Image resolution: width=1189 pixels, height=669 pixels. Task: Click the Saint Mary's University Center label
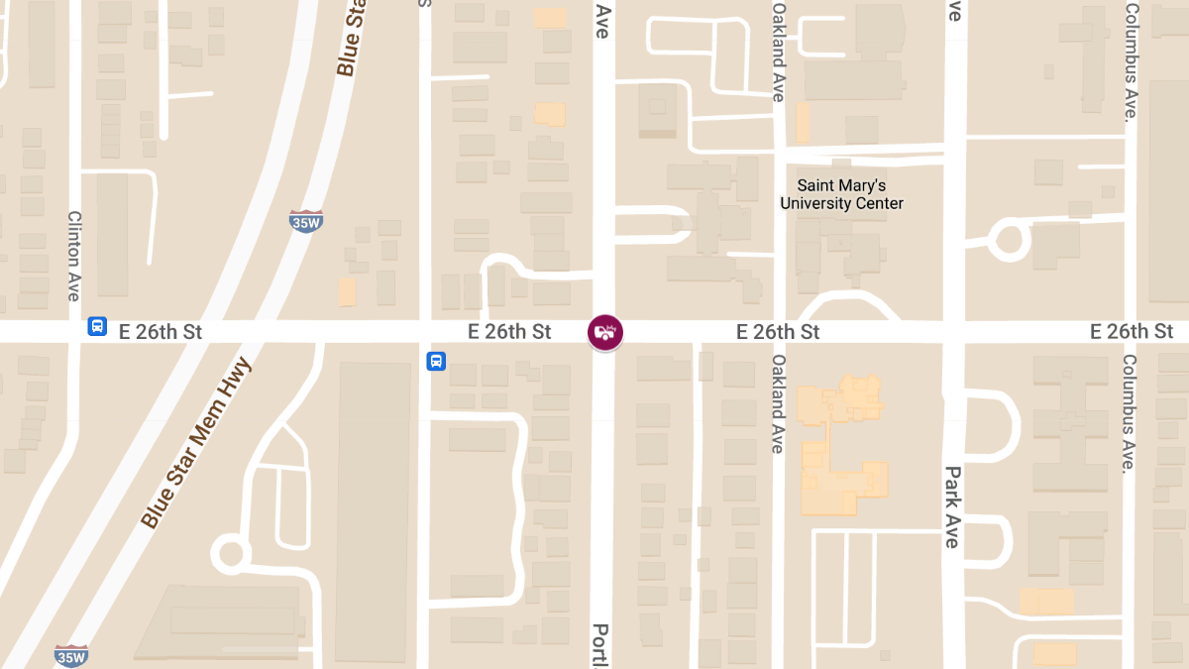pos(841,194)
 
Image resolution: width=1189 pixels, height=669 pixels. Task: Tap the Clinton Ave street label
pos(73,256)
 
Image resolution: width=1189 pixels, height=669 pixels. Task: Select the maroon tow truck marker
pos(605,332)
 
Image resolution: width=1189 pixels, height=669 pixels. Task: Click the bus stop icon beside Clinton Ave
pos(97,326)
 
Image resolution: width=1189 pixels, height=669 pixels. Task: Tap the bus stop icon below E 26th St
pos(436,362)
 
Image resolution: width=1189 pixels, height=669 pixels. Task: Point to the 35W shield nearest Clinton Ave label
pos(306,221)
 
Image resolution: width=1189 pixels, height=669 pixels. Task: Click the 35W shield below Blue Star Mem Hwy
pos(71,655)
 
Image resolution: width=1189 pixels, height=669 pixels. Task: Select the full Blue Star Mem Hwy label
pos(196,442)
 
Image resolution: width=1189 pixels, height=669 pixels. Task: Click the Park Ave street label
pos(952,506)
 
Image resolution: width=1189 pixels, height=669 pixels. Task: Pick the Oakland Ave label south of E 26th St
pos(779,403)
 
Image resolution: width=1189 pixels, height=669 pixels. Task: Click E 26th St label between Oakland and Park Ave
pos(778,332)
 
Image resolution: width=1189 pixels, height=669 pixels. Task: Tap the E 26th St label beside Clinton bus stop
pos(161,332)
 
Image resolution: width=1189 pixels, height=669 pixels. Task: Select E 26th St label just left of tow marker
pos(510,332)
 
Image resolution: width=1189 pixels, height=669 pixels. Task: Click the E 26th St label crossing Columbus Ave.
pos(1132,331)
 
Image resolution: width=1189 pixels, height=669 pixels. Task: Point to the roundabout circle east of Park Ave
pos(1010,240)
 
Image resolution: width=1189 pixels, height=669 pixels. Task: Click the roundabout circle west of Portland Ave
pos(231,552)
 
